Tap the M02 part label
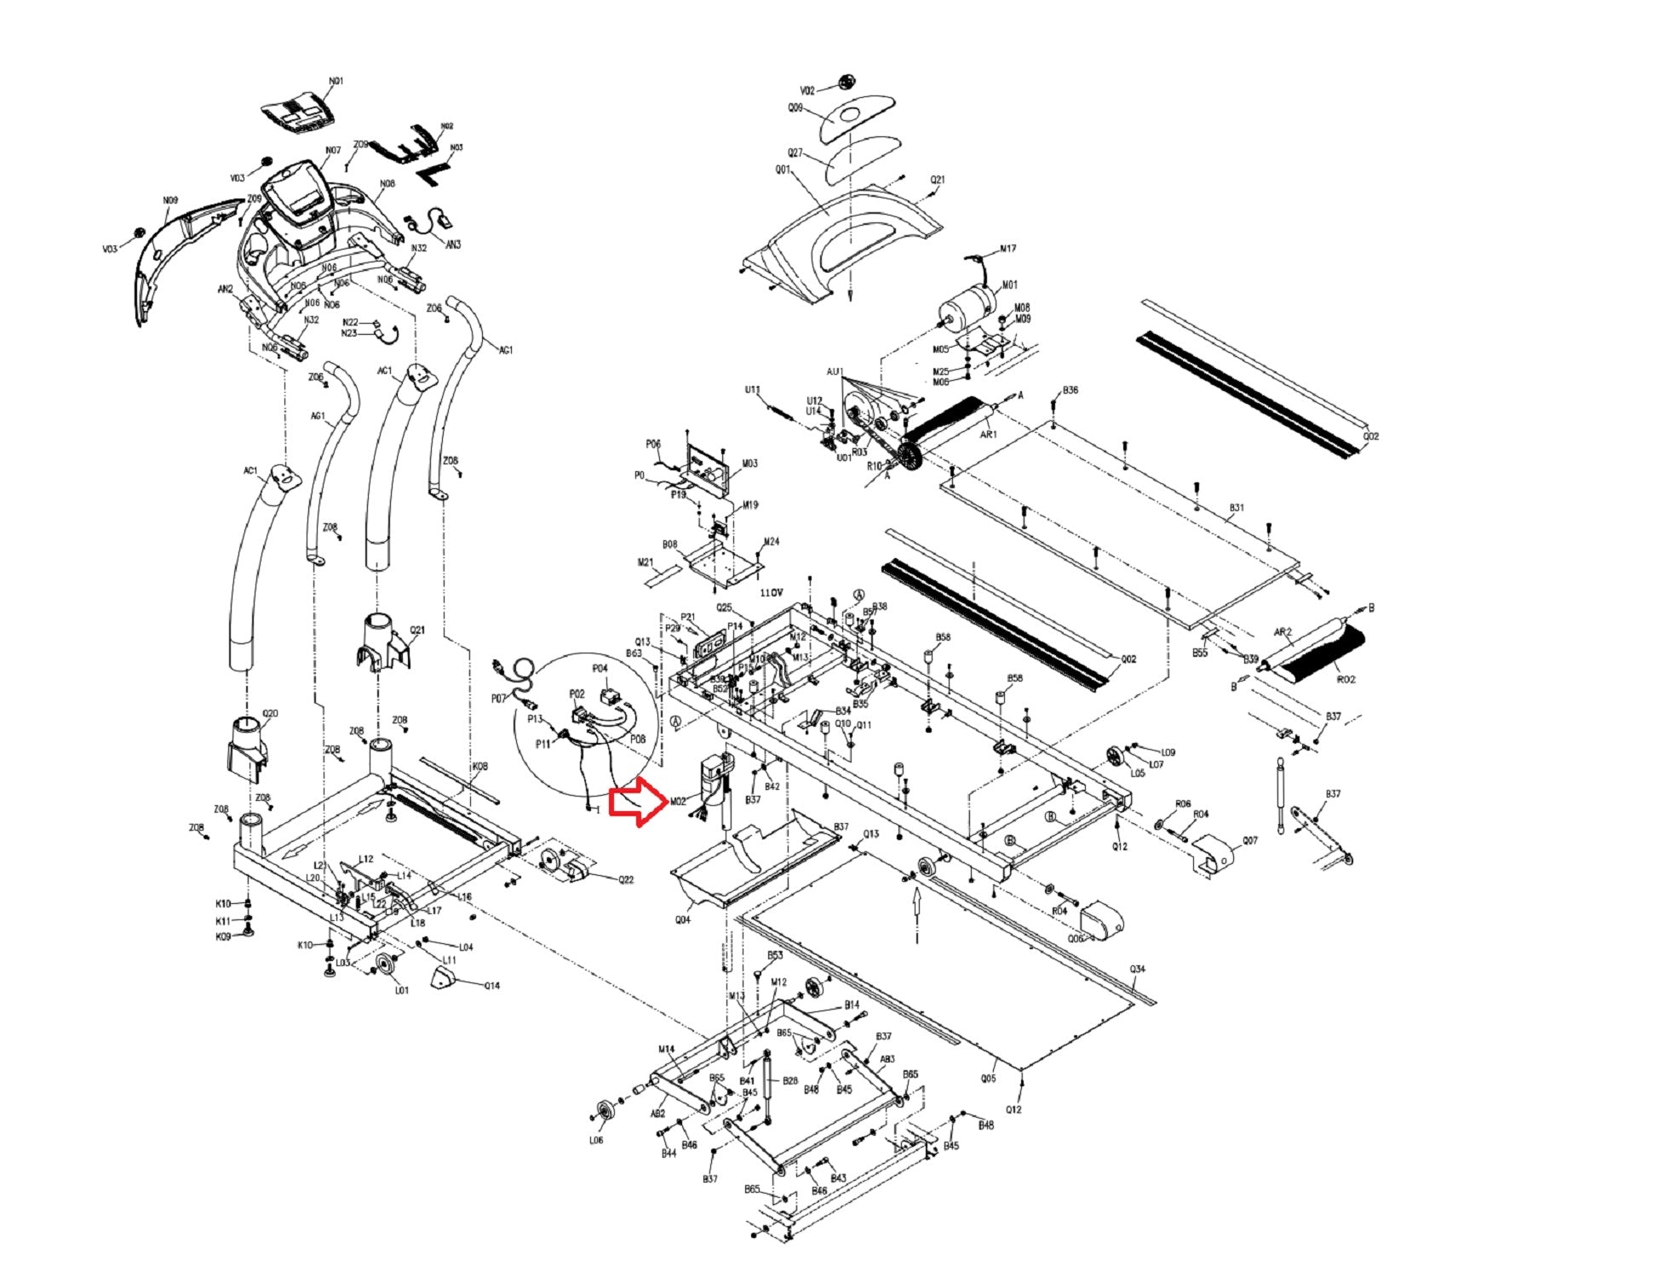coord(678,802)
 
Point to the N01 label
coord(336,82)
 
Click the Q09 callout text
coord(795,108)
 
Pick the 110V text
coord(772,592)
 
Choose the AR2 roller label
coord(1283,632)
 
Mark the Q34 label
coord(1138,969)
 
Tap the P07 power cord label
coord(499,699)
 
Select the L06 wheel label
coord(596,1139)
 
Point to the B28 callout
coord(790,1080)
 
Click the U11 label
coord(752,390)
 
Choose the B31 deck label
coord(1237,508)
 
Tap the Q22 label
coord(626,879)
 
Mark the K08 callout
coord(480,767)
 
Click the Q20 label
coord(270,713)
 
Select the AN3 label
coord(453,245)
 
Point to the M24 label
coord(771,542)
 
